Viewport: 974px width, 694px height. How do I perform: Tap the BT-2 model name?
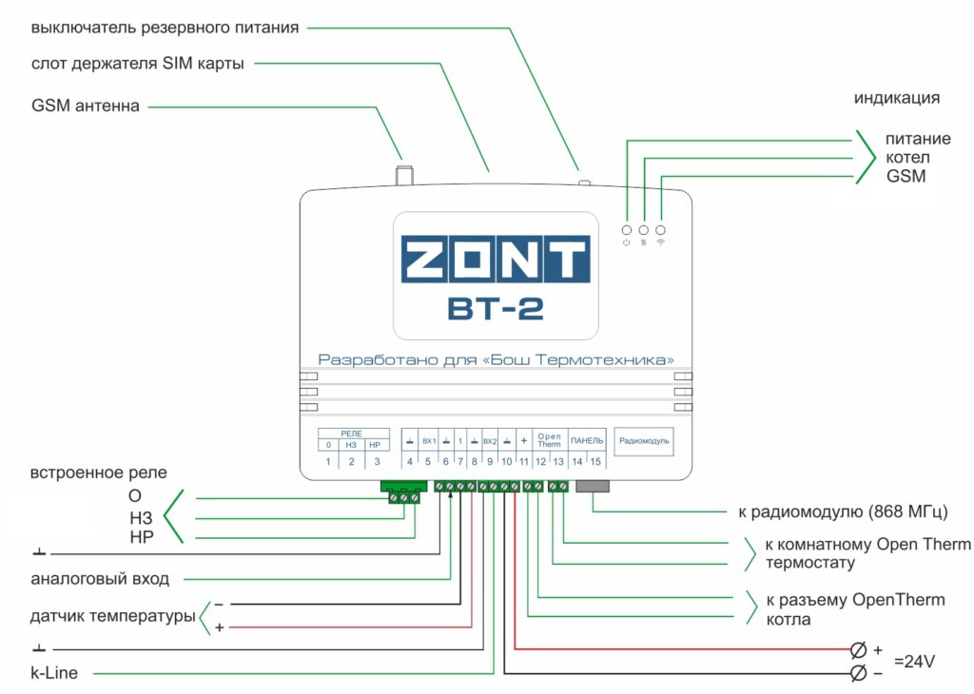coord(495,310)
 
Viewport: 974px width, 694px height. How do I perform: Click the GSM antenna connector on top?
coord(403,175)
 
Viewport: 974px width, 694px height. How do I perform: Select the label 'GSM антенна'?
coord(86,106)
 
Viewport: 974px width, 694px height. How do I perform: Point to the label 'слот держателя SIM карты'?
coord(138,64)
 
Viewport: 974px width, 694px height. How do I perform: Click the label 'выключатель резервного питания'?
coord(165,28)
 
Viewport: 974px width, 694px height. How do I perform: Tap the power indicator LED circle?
coord(627,230)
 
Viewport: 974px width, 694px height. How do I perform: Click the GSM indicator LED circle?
coord(660,230)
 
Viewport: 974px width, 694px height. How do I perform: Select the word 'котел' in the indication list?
coord(907,158)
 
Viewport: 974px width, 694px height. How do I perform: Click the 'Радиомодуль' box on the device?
coord(644,441)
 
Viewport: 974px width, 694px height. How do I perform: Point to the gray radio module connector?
coord(593,486)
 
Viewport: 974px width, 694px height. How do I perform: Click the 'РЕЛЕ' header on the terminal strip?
coord(351,433)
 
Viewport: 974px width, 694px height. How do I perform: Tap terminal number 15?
coord(595,462)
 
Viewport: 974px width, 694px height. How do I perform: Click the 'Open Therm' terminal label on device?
coord(549,442)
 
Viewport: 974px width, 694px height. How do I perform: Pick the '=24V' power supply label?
coord(914,662)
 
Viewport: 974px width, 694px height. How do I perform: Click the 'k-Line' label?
coord(54,674)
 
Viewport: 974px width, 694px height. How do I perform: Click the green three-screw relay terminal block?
coord(402,492)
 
